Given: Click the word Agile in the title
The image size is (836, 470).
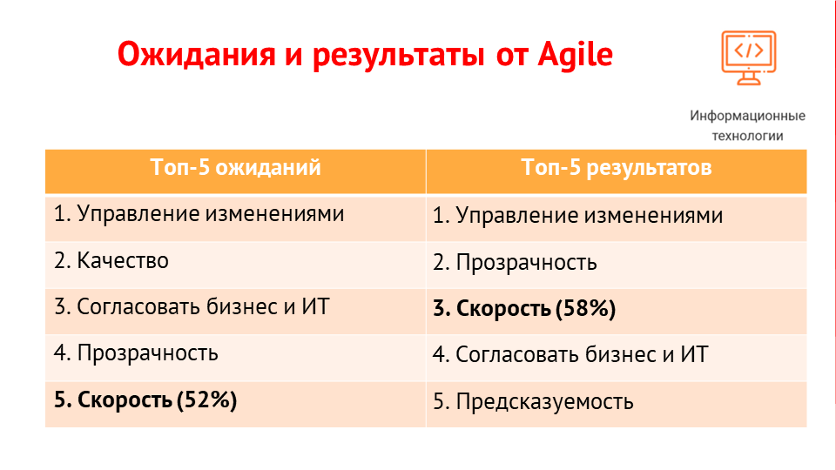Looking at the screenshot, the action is pos(575,54).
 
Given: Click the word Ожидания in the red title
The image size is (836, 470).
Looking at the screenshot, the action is pos(197,54).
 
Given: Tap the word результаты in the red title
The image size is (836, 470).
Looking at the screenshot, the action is pos(398,56).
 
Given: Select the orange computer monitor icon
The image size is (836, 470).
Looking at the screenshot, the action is pos(749,57).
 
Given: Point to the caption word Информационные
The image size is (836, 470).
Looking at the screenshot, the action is pos(747,116).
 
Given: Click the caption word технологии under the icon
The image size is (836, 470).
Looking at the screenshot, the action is pos(747,136).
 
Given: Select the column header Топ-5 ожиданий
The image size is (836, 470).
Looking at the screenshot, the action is pos(236,167).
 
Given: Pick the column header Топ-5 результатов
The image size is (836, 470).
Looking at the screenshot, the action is pos(617,167).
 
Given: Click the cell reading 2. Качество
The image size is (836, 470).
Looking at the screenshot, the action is pos(111,260).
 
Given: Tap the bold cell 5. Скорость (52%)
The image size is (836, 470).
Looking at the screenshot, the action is pos(145,399).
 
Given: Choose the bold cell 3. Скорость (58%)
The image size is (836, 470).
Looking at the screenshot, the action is pos(524,308).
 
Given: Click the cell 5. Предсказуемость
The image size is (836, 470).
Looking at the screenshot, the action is pos(533,402).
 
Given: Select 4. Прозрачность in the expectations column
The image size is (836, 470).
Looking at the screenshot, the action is pos(136,353).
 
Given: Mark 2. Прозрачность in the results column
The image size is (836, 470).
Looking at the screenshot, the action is pos(515,262).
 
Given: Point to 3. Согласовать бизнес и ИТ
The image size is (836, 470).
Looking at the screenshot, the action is pos(192,307).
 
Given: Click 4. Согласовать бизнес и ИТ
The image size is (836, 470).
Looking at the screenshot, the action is pos(570,354).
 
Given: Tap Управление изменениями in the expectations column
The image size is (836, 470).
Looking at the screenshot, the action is pos(211,214).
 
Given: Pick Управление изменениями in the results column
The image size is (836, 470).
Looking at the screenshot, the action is pos(590,216).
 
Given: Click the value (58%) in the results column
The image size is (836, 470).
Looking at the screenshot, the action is pos(585,308).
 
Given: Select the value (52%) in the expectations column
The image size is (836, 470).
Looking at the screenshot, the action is pos(207,399).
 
